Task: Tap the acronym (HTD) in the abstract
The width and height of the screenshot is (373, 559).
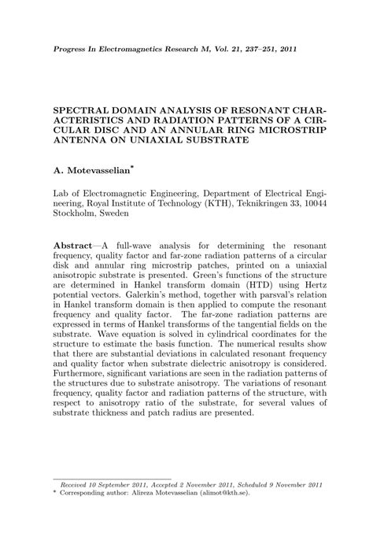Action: tap(241, 279)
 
